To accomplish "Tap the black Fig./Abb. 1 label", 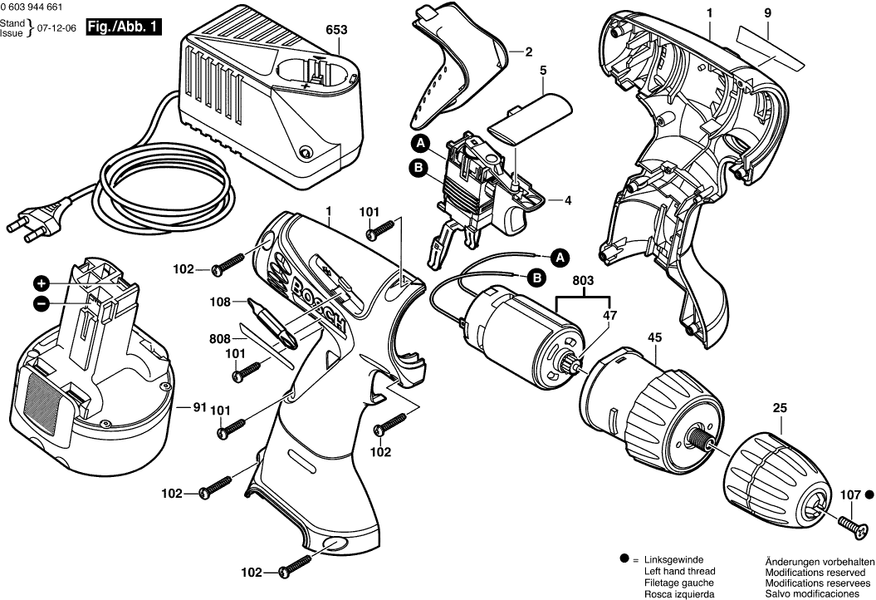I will pos(125,27).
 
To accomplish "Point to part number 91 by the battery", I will pos(199,407).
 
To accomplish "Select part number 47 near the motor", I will pos(610,315).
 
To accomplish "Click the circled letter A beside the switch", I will pos(422,144).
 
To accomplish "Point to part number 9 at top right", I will pos(767,12).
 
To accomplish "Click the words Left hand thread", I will pos(679,572).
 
